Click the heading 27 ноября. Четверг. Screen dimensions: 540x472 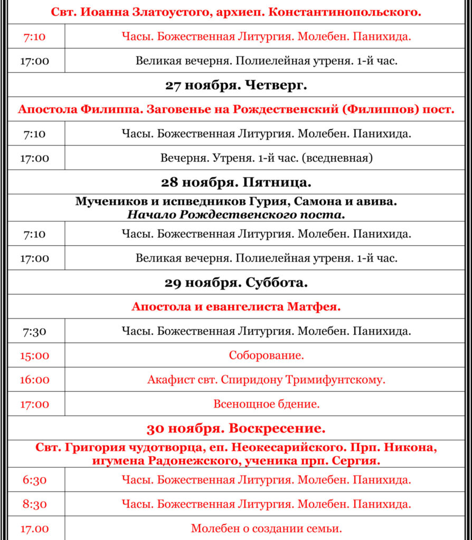click(236, 85)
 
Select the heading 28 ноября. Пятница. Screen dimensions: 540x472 click(236, 182)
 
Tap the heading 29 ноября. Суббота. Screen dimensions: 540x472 click(236, 283)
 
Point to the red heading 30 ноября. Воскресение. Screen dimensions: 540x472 click(236, 428)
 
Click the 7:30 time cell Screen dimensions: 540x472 click(35, 331)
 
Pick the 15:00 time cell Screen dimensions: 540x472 click(35, 355)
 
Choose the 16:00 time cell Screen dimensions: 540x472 click(35, 380)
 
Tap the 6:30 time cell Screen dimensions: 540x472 click(35, 480)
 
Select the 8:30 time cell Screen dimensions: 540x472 click(35, 504)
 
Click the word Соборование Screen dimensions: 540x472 click(266, 355)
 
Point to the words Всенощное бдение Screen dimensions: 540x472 click(266, 404)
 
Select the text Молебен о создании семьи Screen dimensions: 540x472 click(266, 528)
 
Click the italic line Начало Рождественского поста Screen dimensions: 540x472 click(236, 215)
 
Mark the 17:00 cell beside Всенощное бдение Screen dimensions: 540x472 click(35, 404)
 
